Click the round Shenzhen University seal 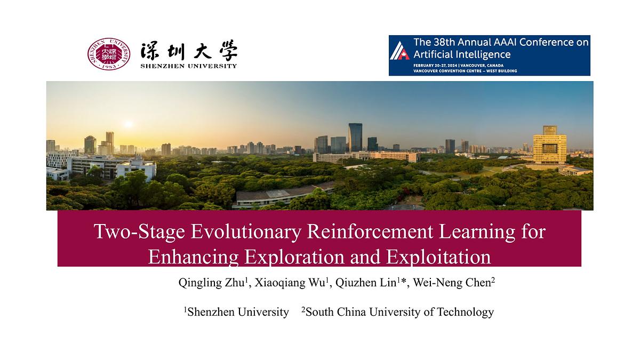click(109, 54)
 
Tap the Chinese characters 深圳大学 click(189, 51)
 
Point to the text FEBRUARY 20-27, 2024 click(436, 65)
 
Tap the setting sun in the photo click(127, 124)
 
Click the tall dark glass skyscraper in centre click(355, 137)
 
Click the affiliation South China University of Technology click(399, 312)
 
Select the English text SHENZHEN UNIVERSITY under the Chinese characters click(189, 66)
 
